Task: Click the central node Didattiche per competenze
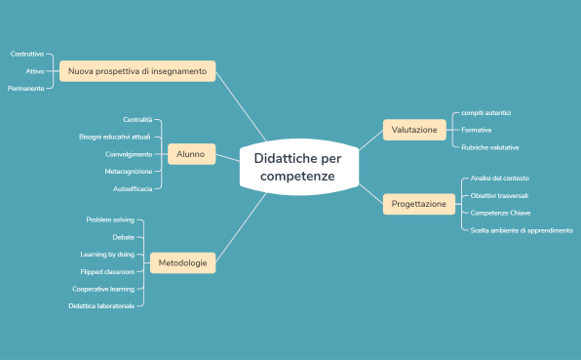click(x=298, y=167)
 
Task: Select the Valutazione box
click(x=414, y=129)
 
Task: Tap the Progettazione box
click(x=419, y=204)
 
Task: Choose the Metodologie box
click(x=183, y=262)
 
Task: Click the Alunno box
click(x=191, y=154)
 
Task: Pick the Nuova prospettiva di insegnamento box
click(x=137, y=71)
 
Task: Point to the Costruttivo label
click(x=26, y=54)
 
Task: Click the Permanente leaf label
click(x=25, y=89)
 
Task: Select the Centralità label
click(x=137, y=119)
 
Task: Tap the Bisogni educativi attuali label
click(x=115, y=137)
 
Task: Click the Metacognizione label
click(x=129, y=171)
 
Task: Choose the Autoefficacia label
click(x=133, y=188)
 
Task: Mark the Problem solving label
click(x=110, y=220)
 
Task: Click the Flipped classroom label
click(x=107, y=271)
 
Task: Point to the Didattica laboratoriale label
click(x=101, y=305)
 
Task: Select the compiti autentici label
click(x=486, y=112)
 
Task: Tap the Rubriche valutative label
click(x=490, y=147)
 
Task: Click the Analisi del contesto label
click(x=500, y=179)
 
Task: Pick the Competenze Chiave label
click(x=500, y=213)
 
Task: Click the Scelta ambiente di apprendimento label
click(x=522, y=230)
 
